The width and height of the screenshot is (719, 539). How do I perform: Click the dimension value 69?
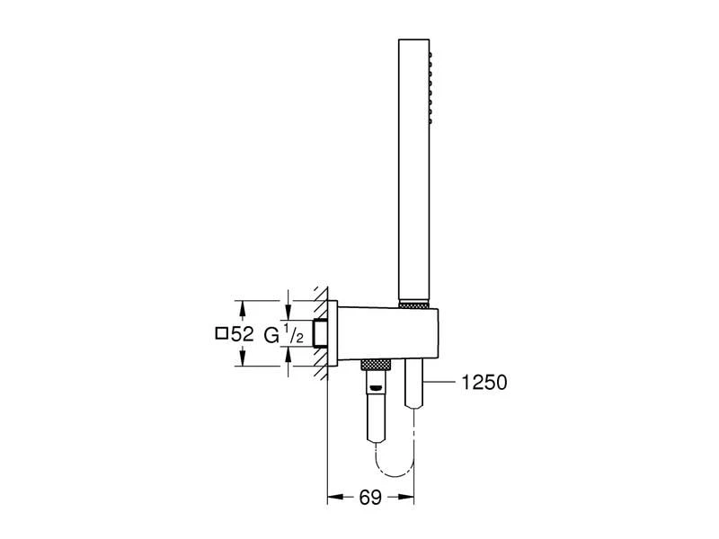pyautogui.click(x=371, y=496)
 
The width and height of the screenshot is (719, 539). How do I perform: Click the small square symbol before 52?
pyautogui.click(x=221, y=333)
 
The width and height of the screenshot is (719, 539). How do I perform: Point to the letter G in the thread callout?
pyautogui.click(x=271, y=334)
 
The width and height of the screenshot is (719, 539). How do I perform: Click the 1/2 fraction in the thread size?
pyautogui.click(x=293, y=333)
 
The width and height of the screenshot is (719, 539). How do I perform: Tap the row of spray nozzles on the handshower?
pyautogui.click(x=436, y=90)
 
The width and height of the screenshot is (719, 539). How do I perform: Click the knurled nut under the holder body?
pyautogui.click(x=377, y=365)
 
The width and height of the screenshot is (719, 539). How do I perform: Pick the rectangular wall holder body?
pyautogui.click(x=386, y=333)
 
